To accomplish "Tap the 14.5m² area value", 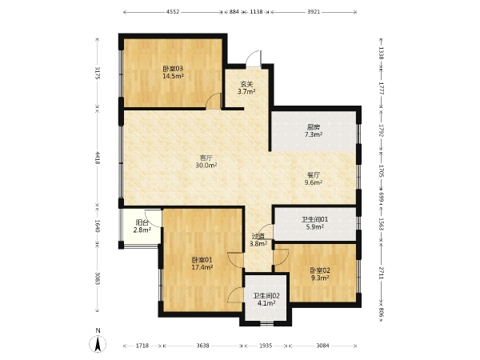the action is pyautogui.click(x=173, y=76).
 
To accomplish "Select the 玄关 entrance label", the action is pyautogui.click(x=246, y=84).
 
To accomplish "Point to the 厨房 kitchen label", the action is pyautogui.click(x=314, y=126).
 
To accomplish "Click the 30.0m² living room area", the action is pyautogui.click(x=206, y=166).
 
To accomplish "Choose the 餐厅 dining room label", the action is pyautogui.click(x=314, y=175).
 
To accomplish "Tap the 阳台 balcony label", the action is pyautogui.click(x=142, y=222).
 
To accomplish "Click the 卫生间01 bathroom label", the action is pyautogui.click(x=315, y=219).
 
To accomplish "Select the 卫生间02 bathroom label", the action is pyautogui.click(x=266, y=296).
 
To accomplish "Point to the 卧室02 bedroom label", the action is pyautogui.click(x=320, y=270).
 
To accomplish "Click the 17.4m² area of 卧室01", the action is pyautogui.click(x=202, y=267).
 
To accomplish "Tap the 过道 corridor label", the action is pyautogui.click(x=258, y=236).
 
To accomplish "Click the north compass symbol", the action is pyautogui.click(x=98, y=343).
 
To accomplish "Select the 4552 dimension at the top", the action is pyautogui.click(x=173, y=12).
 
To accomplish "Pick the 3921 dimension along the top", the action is pyautogui.click(x=314, y=12).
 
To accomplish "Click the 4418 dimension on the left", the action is pyautogui.click(x=98, y=158).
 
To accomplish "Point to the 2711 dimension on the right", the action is pyautogui.click(x=382, y=273).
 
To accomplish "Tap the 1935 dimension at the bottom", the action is pyautogui.click(x=266, y=346).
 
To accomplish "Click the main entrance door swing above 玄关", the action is pyautogui.click(x=254, y=58).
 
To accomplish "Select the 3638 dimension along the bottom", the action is pyautogui.click(x=202, y=346).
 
